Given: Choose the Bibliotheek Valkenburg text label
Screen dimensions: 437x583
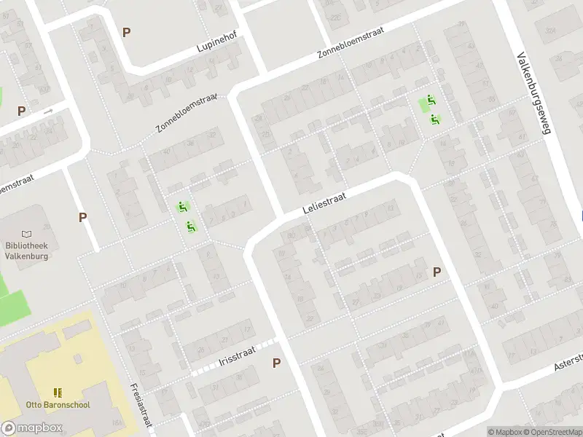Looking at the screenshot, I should [26, 251].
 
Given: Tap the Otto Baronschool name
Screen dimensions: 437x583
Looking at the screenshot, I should [58, 405].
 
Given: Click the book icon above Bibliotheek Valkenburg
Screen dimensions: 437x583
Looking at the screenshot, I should [27, 234].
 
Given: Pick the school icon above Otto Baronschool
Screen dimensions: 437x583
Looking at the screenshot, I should [58, 393].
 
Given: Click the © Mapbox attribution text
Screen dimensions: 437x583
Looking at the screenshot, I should [505, 432].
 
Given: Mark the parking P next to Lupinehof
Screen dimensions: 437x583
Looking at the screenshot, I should [127, 33].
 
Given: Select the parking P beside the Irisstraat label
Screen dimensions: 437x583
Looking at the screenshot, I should [276, 363].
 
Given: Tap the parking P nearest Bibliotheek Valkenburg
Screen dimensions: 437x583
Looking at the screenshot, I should [83, 217].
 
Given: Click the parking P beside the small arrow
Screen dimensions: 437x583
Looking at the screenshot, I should [22, 111].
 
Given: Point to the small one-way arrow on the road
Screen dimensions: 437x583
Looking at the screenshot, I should [47, 111].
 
